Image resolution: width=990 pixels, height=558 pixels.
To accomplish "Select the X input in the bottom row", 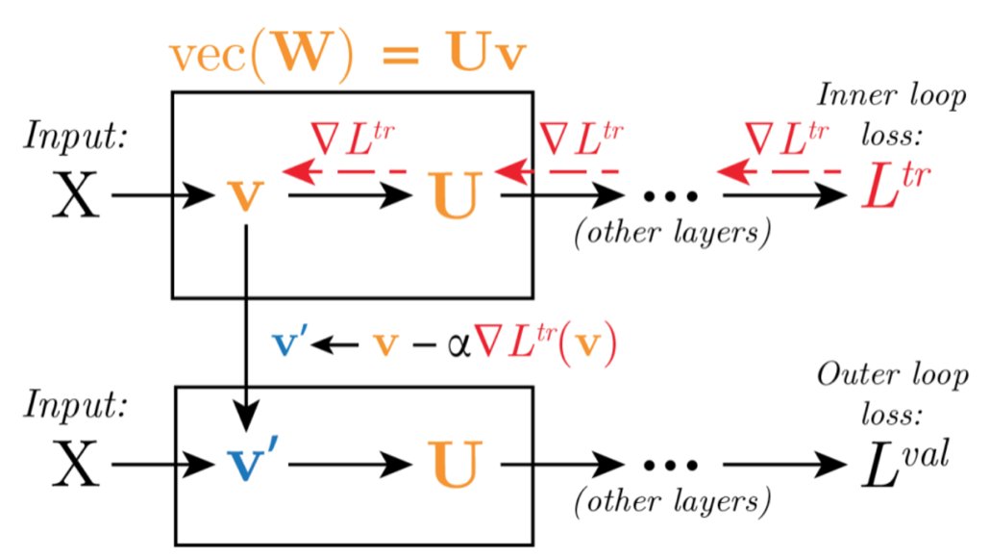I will [75, 466].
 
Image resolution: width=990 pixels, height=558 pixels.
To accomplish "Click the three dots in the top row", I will [668, 197].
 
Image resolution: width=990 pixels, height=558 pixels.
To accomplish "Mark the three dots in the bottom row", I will [668, 467].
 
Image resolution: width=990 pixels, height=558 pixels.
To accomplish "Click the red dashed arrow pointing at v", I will [341, 171].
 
